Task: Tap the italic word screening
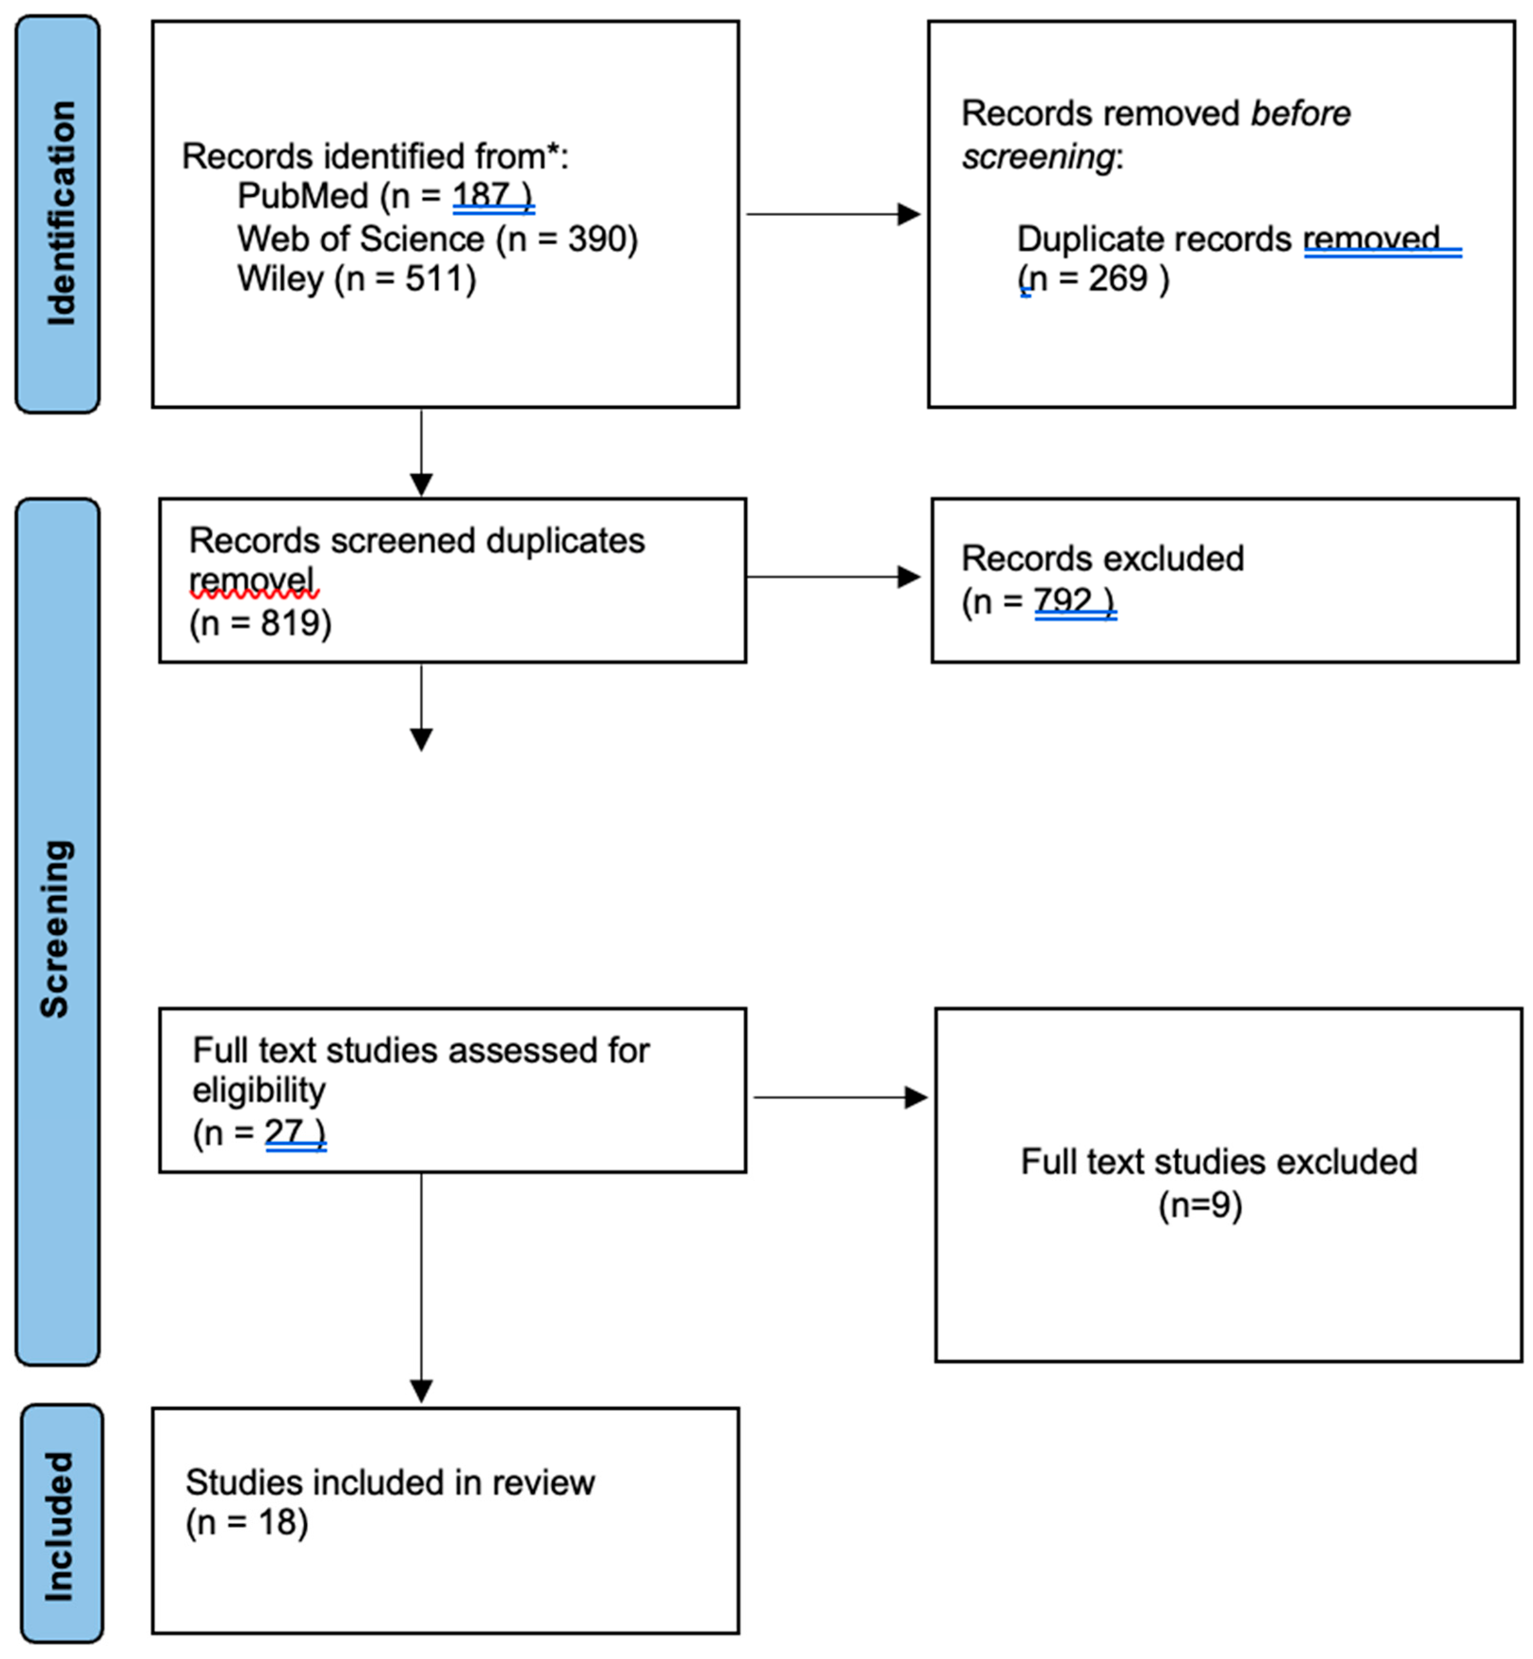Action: click(1037, 156)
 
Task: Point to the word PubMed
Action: click(302, 196)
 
